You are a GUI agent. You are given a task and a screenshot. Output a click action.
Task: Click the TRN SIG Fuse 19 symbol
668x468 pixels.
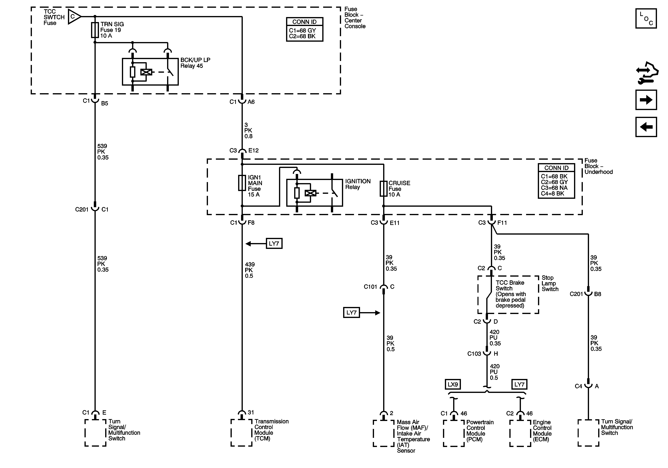point(95,30)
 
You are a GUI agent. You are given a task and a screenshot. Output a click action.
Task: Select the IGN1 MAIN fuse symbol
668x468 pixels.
point(242,183)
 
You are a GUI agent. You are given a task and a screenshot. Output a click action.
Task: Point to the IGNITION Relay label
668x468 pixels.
point(358,184)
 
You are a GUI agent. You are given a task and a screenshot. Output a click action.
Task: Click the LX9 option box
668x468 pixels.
point(453,384)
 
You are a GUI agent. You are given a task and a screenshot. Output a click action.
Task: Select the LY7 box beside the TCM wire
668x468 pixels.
point(274,243)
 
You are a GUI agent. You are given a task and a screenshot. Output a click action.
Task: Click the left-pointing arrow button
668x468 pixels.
point(646,127)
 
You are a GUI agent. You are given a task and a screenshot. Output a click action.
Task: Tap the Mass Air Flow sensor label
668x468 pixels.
point(413,436)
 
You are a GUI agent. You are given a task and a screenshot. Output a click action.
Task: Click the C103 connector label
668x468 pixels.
point(474,354)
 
